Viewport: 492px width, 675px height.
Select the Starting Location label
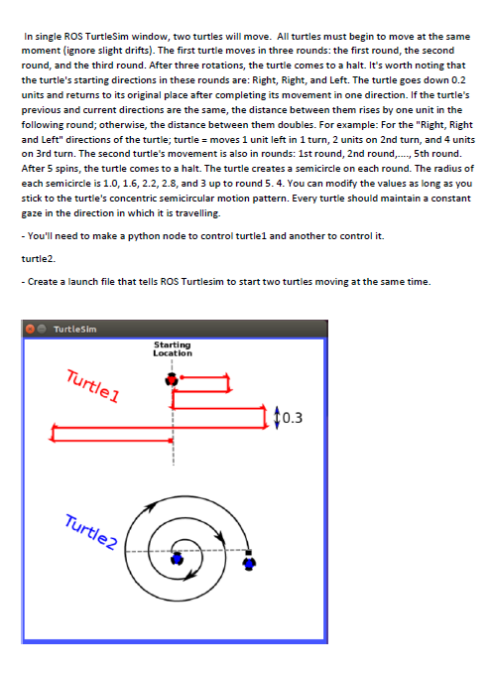click(x=173, y=348)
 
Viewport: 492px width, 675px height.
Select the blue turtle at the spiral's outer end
click(x=249, y=561)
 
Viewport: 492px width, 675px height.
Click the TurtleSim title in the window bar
click(x=74, y=329)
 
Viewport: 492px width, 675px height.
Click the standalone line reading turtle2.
click(x=39, y=258)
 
